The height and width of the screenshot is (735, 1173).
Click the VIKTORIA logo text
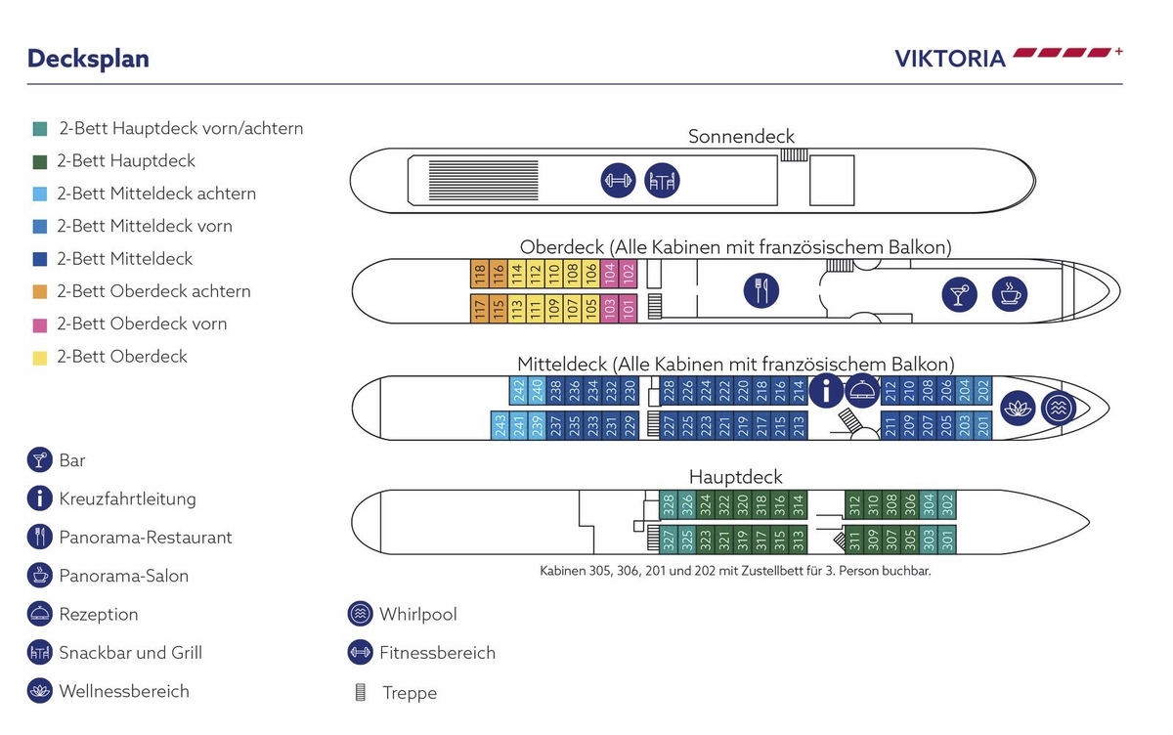coord(949,59)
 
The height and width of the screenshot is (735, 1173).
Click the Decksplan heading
coord(88,59)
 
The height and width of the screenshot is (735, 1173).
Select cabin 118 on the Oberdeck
coord(480,275)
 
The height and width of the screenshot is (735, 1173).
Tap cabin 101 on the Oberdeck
coord(628,308)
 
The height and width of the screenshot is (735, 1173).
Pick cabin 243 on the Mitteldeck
coord(500,425)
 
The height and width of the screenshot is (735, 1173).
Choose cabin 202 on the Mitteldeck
coord(983,391)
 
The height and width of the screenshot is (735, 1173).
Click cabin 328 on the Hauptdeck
coord(669,504)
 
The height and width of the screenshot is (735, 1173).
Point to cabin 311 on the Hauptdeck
coord(853,539)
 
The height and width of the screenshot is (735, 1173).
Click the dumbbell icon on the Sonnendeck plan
coord(618,181)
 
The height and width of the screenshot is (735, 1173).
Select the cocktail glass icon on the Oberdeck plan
coord(959,294)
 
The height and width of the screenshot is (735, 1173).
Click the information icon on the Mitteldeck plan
coord(826,391)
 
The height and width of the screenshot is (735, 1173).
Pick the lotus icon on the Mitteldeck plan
coord(1016,407)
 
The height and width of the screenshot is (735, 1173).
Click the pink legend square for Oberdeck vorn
coord(39,324)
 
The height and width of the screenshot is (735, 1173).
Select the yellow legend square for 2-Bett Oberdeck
coord(39,357)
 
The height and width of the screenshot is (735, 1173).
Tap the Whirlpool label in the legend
coord(417,615)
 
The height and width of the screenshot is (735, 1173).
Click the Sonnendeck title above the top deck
coord(741,137)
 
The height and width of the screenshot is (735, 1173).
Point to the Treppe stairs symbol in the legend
coord(360,693)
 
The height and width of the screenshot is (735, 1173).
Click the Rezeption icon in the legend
coord(39,615)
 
